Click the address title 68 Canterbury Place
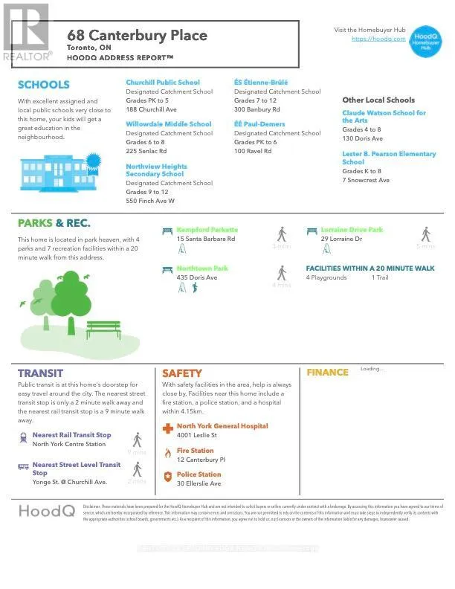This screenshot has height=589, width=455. coord(137,35)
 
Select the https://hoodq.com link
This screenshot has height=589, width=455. coord(378,39)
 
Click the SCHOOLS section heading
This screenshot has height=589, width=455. coord(43,85)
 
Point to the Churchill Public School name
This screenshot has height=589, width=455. coord(163,83)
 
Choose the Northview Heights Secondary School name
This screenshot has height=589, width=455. coord(156,170)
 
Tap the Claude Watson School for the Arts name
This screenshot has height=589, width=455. coord(384,117)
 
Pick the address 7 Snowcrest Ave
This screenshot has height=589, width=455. coord(366,180)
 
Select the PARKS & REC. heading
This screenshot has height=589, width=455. coord(54,223)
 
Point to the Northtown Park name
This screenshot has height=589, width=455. coord(202,268)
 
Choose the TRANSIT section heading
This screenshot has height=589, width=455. coord(40,373)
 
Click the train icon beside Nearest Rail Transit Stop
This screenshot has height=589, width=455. coord(24,439)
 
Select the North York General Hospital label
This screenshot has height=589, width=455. coord(222,426)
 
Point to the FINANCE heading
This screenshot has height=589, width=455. coord(327,373)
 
